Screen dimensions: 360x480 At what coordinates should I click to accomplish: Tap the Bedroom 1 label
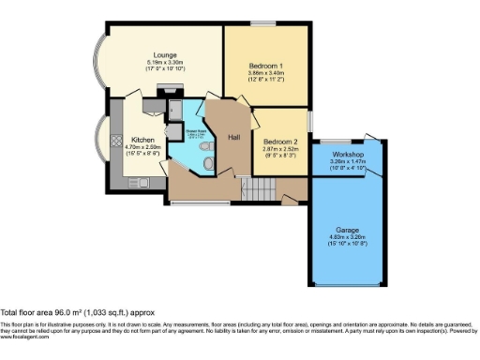pyautogui.click(x=266, y=65)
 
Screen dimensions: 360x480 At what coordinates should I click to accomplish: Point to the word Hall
pyautogui.click(x=233, y=137)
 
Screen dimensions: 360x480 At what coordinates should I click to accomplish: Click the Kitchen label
pyautogui.click(x=142, y=140)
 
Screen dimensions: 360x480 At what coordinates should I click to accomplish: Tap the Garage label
pyautogui.click(x=348, y=230)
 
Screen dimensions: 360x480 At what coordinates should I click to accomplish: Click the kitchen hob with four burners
pyautogui.click(x=114, y=142)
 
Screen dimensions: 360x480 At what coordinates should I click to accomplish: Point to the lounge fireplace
pyautogui.click(x=169, y=89)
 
